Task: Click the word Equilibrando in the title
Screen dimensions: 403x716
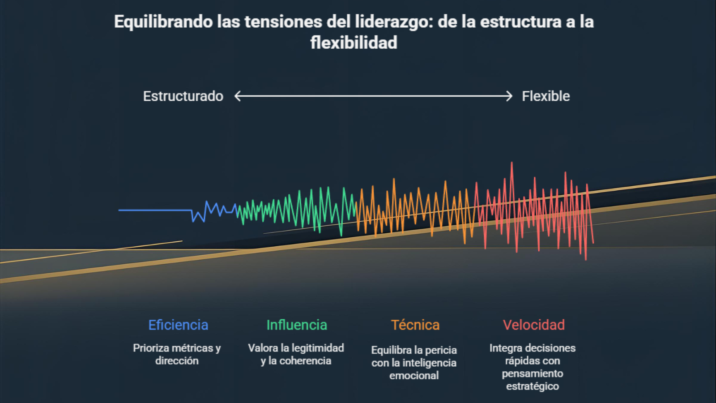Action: pyautogui.click(x=163, y=22)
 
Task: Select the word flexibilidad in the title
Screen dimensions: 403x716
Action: pyautogui.click(x=354, y=43)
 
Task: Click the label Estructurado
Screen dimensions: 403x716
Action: pyautogui.click(x=183, y=96)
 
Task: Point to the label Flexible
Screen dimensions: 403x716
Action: pyautogui.click(x=546, y=96)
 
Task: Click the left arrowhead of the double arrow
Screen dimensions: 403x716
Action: pyautogui.click(x=238, y=96)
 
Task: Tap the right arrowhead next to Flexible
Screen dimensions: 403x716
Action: pyautogui.click(x=509, y=96)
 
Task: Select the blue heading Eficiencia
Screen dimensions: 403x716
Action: pyautogui.click(x=178, y=325)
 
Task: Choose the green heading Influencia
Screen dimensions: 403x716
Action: pyautogui.click(x=297, y=325)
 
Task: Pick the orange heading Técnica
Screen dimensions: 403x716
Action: pyautogui.click(x=415, y=325)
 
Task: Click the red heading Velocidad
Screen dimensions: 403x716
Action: pyautogui.click(x=533, y=325)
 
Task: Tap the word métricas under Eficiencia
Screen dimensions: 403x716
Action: pyautogui.click(x=192, y=348)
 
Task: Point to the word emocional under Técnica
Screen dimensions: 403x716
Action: pyautogui.click(x=414, y=376)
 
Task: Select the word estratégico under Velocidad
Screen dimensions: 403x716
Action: pyautogui.click(x=533, y=386)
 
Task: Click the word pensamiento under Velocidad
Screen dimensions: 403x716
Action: pyautogui.click(x=533, y=373)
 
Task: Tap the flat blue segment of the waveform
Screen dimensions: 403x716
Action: pyautogui.click(x=154, y=210)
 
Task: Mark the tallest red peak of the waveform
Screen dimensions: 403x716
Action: pyautogui.click(x=511, y=164)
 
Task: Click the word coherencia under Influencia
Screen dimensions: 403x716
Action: pyautogui.click(x=305, y=361)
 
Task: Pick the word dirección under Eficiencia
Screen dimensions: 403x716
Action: pyautogui.click(x=177, y=361)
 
